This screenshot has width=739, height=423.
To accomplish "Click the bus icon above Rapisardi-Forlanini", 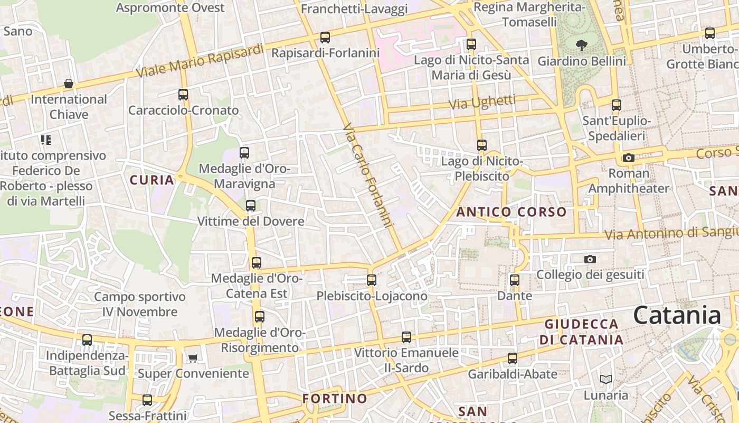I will [325, 38].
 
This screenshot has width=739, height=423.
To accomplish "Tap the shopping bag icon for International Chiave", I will [69, 84].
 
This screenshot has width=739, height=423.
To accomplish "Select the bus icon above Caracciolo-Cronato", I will [183, 95].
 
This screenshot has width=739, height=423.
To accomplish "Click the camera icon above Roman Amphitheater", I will [628, 158].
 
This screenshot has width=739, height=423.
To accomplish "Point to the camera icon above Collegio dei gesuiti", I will [590, 259].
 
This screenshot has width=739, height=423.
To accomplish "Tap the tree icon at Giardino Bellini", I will [582, 45].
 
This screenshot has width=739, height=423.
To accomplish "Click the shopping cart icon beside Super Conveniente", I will [193, 358].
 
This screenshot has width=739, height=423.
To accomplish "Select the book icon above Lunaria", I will [606, 379].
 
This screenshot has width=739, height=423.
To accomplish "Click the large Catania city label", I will [677, 315].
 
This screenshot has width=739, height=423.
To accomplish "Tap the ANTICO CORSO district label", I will [511, 212].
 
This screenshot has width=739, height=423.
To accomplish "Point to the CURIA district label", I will [152, 180].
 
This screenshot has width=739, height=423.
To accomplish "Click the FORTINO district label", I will [335, 398].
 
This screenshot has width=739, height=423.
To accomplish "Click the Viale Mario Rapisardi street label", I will [200, 61].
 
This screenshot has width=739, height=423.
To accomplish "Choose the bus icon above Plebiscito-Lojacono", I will [372, 280].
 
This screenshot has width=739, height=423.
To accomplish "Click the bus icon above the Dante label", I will [515, 280].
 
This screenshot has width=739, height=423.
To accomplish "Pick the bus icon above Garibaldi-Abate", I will [512, 358].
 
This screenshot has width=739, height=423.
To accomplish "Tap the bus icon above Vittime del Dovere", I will [251, 205].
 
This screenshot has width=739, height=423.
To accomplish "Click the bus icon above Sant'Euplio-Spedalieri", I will [617, 105].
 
